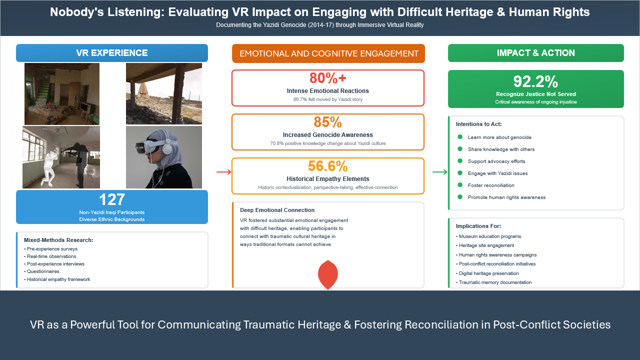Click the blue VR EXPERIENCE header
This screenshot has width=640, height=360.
(x=111, y=53)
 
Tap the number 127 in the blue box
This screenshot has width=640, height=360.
(x=111, y=199)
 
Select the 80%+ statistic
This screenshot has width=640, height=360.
(x=327, y=77)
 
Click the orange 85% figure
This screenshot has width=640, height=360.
(x=327, y=122)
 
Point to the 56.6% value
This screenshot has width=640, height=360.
(x=327, y=166)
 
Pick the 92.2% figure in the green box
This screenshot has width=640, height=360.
(x=535, y=81)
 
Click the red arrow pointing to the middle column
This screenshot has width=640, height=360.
(x=223, y=172)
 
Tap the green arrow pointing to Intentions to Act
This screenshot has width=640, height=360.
(x=440, y=172)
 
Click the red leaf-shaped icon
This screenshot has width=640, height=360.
(x=328, y=274)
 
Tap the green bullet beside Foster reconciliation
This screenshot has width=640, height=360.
(x=460, y=185)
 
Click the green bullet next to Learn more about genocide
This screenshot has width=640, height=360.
(x=460, y=137)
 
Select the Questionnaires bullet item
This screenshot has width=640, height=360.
(x=41, y=271)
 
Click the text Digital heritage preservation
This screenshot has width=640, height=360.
(x=489, y=273)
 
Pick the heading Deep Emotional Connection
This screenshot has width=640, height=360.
(x=277, y=210)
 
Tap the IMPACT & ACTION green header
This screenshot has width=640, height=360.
(x=535, y=53)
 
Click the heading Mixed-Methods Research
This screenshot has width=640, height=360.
(x=58, y=240)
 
